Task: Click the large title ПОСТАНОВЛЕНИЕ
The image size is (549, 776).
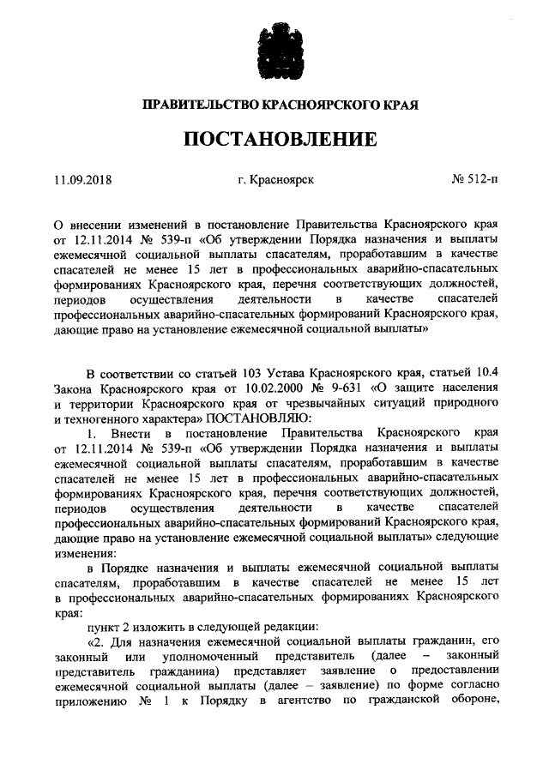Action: tap(274, 140)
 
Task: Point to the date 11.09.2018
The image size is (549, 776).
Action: tap(82, 181)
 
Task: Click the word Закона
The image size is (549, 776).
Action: tap(74, 388)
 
